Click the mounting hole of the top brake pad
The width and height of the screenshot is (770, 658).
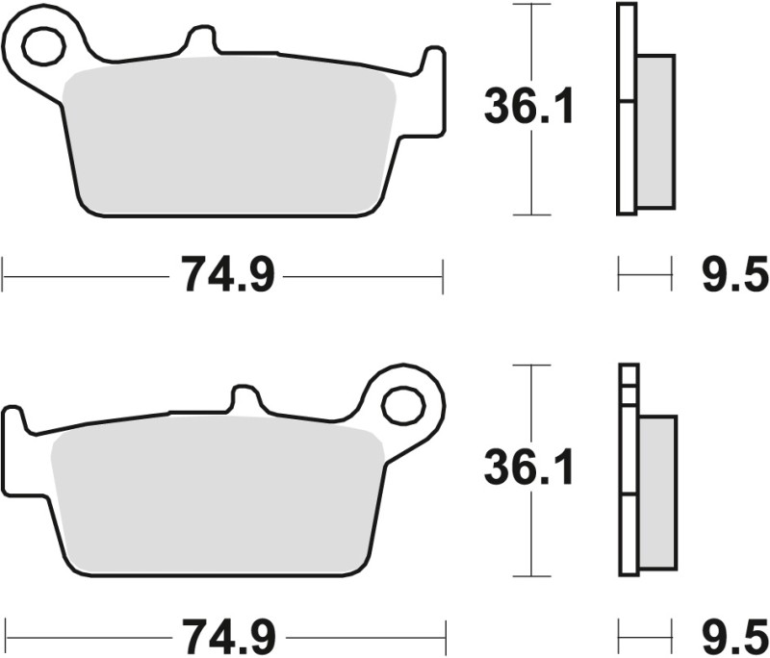42,44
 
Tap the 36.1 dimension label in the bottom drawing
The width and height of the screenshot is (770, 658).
528,469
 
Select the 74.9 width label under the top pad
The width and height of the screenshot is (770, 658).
224,276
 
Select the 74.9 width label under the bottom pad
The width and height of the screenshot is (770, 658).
224,636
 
